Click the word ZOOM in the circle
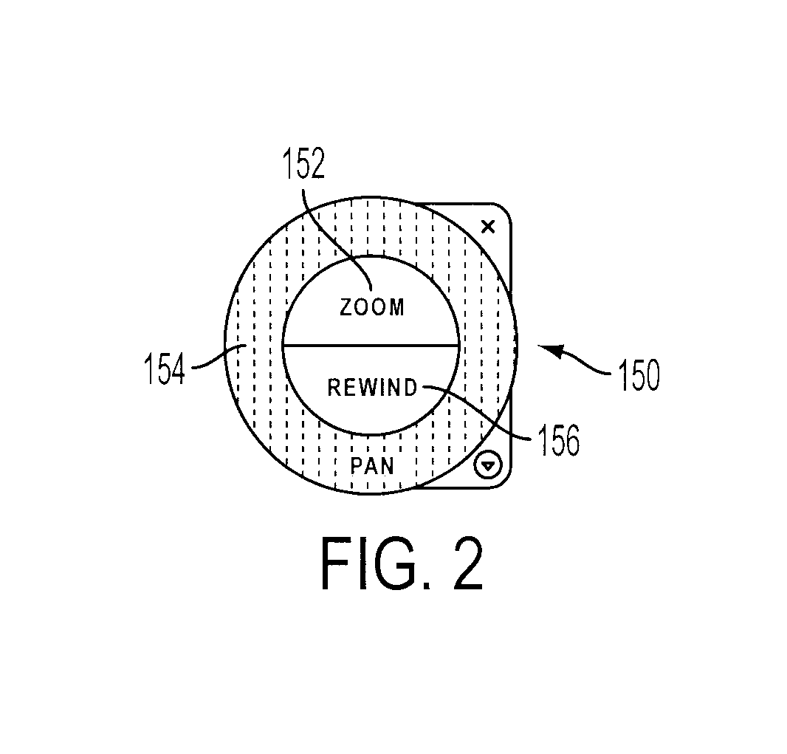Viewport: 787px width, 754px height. pyautogui.click(x=372, y=307)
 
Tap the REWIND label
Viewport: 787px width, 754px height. pyautogui.click(x=372, y=388)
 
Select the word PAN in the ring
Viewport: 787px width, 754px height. pyautogui.click(x=372, y=466)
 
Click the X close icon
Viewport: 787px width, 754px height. pyautogui.click(x=488, y=227)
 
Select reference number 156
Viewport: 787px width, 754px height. pyautogui.click(x=559, y=439)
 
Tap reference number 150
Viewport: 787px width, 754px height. pyautogui.click(x=639, y=374)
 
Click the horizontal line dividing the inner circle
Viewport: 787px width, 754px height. pyautogui.click(x=371, y=346)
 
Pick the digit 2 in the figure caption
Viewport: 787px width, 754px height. pyautogui.click(x=467, y=563)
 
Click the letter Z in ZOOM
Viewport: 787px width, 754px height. pyautogui.click(x=346, y=307)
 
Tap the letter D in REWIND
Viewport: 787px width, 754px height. pyautogui.click(x=411, y=388)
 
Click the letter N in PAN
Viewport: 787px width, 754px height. pyautogui.click(x=387, y=466)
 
